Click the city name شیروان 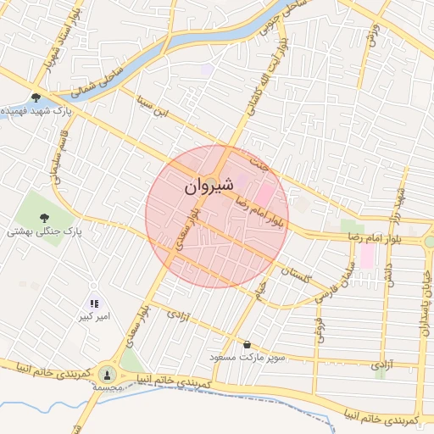207,184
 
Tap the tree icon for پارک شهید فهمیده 36,97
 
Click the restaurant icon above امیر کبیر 94,303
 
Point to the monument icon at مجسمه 107,374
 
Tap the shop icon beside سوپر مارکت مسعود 247,345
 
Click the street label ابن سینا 154,109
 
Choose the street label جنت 259,164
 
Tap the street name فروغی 319,331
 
